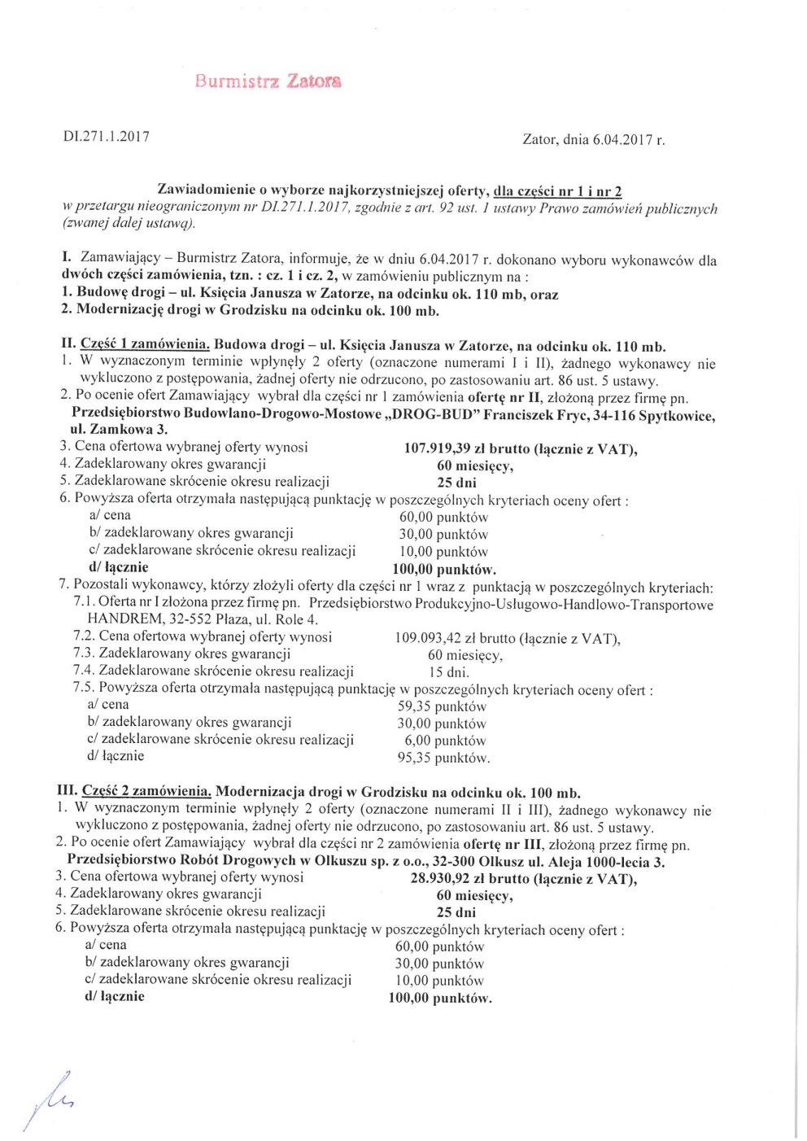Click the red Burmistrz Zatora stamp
(x=268, y=81)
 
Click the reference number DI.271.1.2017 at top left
(x=107, y=137)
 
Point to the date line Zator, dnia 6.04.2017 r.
(x=593, y=139)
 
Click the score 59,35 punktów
(x=441, y=706)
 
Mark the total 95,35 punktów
(x=443, y=758)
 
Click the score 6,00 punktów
(x=445, y=741)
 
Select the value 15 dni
(x=448, y=672)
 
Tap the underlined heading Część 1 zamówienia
(x=145, y=345)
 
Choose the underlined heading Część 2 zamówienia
(x=146, y=791)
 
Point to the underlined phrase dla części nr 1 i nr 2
(x=557, y=191)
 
